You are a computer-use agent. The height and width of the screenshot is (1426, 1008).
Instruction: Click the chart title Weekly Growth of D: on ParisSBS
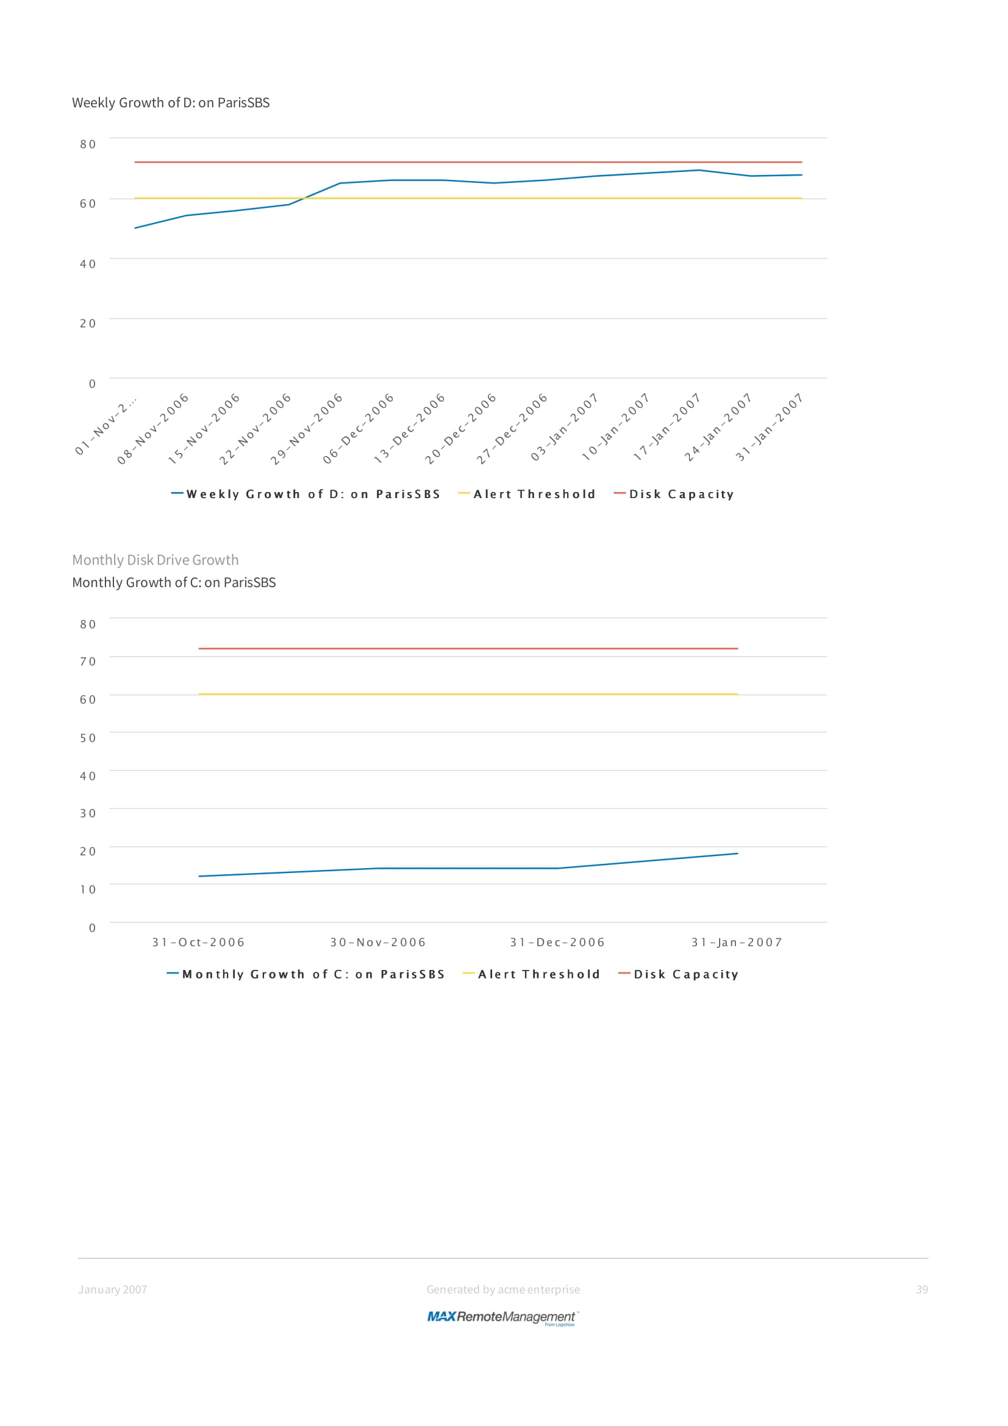coord(171,102)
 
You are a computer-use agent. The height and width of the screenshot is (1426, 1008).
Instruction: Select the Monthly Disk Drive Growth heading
coord(155,560)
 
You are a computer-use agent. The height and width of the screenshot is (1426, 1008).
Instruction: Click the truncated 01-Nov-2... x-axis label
coord(105,426)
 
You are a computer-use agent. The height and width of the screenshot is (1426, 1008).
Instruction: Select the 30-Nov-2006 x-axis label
coord(377,942)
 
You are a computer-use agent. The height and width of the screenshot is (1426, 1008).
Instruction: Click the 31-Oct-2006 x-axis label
coord(198,942)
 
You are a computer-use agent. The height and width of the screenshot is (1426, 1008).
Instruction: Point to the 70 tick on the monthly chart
coord(88,661)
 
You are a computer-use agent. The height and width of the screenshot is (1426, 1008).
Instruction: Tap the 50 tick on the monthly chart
coord(88,738)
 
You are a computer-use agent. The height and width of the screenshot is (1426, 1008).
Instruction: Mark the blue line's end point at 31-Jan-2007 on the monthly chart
coord(737,854)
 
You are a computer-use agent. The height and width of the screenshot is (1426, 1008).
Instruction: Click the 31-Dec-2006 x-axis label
coord(557,942)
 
